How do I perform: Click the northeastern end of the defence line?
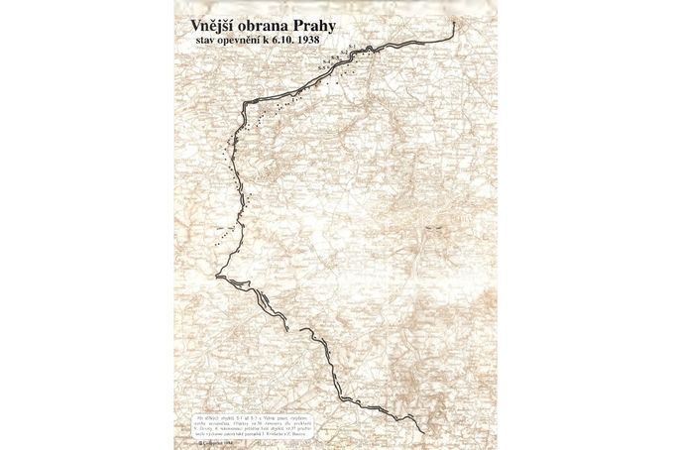tap(454, 21)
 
